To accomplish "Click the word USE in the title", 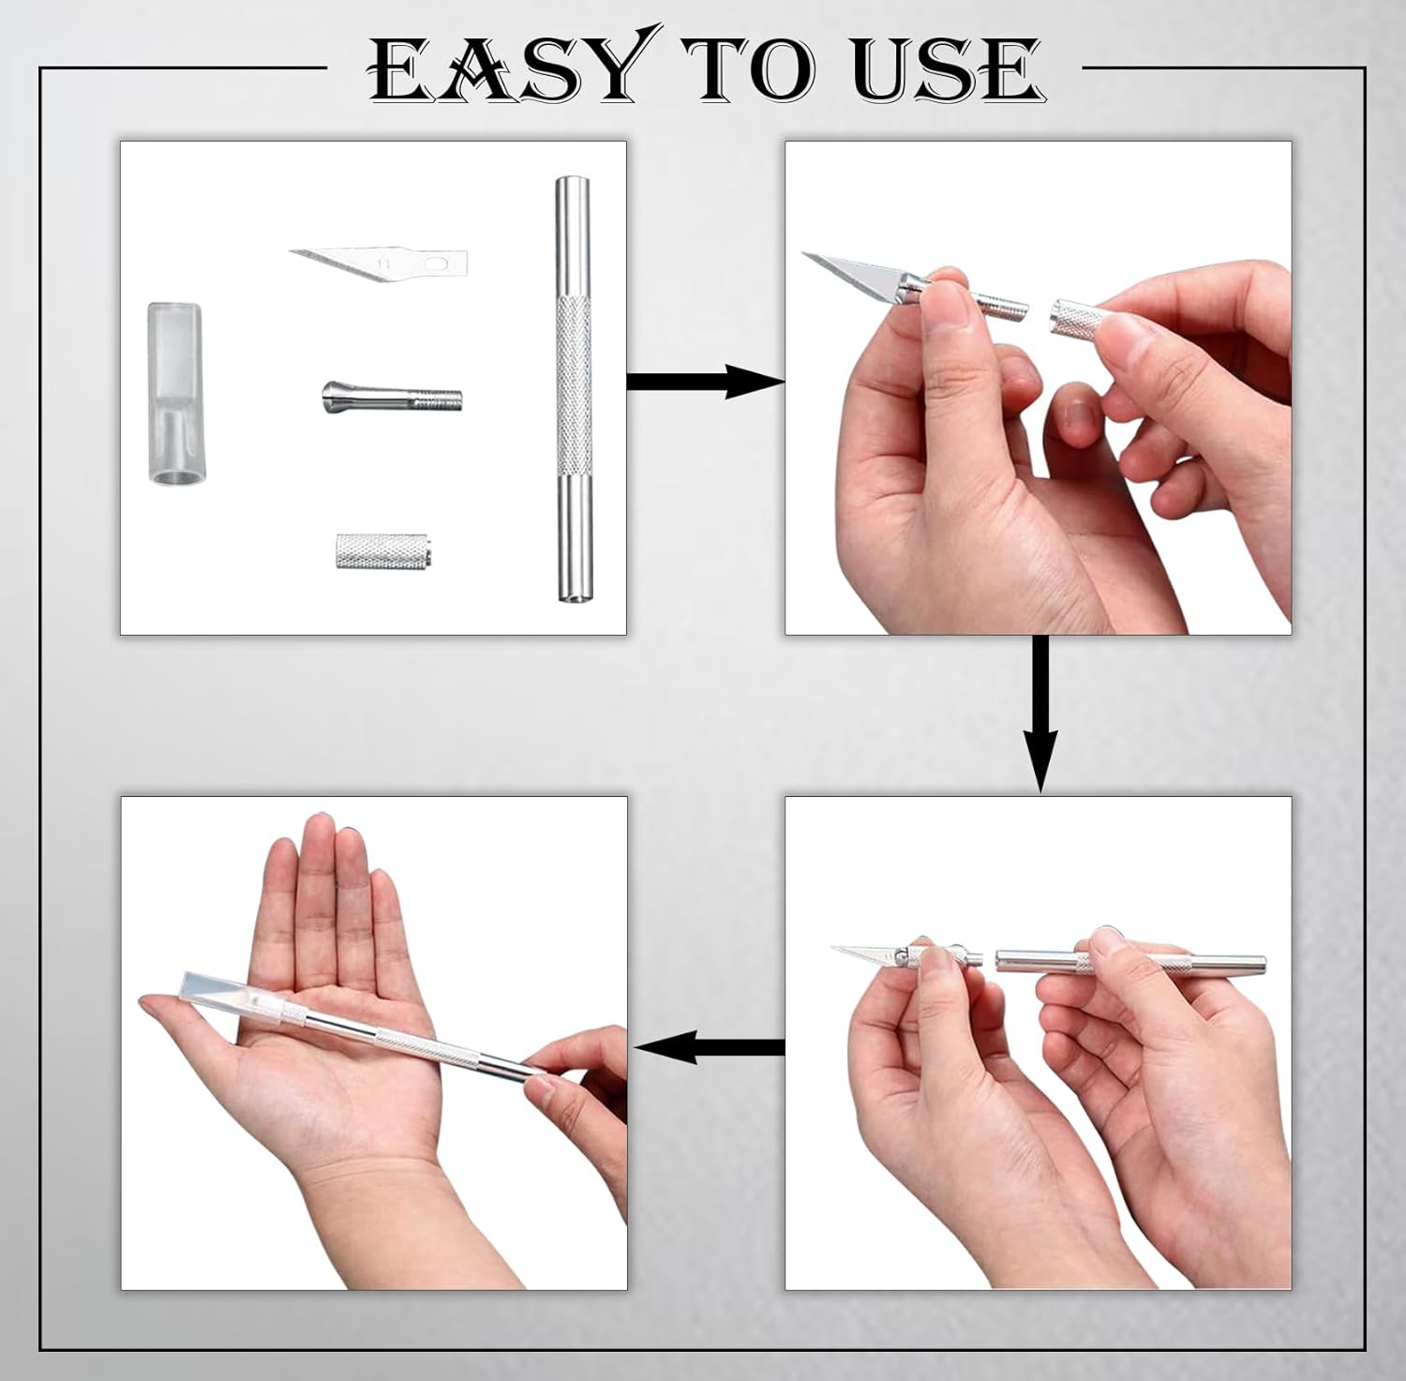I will point(947,70).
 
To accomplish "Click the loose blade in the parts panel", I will point(375,263).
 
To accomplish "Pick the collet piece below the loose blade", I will point(391,398).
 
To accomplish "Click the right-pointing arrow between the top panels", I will point(703,382).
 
